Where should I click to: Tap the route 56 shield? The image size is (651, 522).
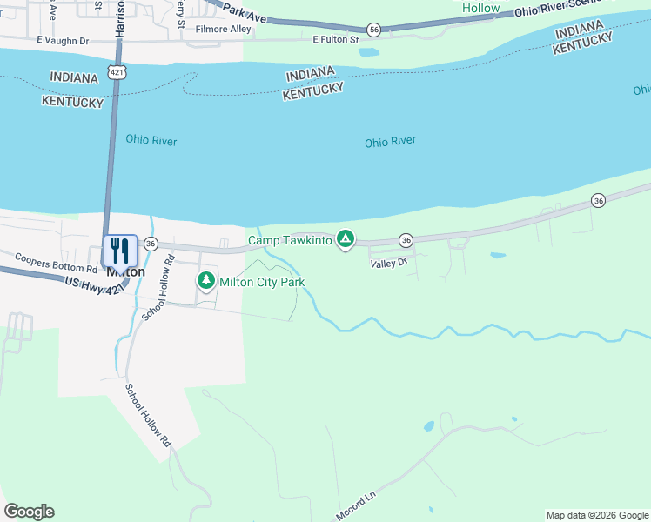pos(373,30)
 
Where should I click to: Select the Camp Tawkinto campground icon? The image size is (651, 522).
pos(346,238)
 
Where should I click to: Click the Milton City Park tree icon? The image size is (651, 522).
pos(206,281)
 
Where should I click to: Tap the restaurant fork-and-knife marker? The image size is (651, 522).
pos(119,251)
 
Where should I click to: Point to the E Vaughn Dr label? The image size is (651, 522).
pos(63,41)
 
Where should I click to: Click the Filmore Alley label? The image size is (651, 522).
pos(224,30)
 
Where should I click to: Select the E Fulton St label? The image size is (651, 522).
pos(336,39)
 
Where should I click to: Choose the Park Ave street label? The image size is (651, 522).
pos(244,11)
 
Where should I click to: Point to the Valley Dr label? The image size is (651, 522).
pos(388,264)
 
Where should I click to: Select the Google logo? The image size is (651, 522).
pos(29,512)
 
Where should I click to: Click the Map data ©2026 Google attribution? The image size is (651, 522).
pos(598,515)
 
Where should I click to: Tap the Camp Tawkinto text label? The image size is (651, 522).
pos(290,240)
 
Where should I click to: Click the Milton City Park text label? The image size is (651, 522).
pos(262,282)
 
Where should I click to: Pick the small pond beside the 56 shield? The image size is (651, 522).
pos(368,51)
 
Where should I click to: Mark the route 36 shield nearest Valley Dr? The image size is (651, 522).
pos(406,239)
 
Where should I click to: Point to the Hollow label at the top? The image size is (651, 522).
pos(481,8)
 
